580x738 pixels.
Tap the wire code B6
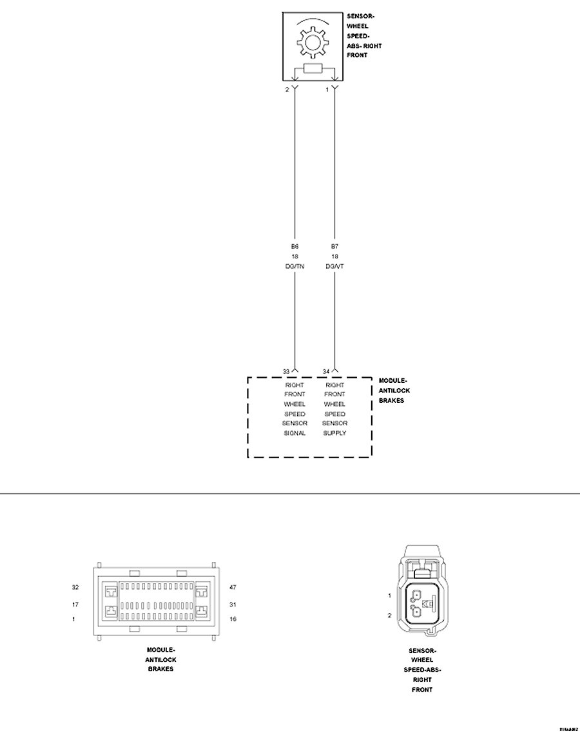pyautogui.click(x=295, y=246)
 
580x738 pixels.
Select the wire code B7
pyautogui.click(x=334, y=246)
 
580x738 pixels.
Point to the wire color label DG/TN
pyautogui.click(x=295, y=266)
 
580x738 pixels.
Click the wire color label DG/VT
pyautogui.click(x=334, y=266)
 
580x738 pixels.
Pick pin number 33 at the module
pyautogui.click(x=287, y=371)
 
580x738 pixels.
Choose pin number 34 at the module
pyautogui.click(x=327, y=371)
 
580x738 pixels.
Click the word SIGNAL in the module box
pyautogui.click(x=295, y=433)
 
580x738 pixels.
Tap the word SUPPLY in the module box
pyautogui.click(x=335, y=433)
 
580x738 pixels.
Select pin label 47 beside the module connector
pyautogui.click(x=233, y=588)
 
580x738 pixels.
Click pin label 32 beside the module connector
pyautogui.click(x=75, y=588)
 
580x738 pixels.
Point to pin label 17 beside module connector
pyautogui.click(x=75, y=605)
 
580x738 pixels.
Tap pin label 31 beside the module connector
pyautogui.click(x=233, y=605)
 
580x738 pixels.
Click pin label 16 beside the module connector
pyautogui.click(x=233, y=619)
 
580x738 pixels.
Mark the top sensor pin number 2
pyautogui.click(x=287, y=90)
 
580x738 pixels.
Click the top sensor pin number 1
pyautogui.click(x=327, y=90)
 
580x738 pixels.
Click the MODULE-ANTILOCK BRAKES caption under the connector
pyautogui.click(x=161, y=659)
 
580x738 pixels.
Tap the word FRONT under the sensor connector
pyautogui.click(x=422, y=690)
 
